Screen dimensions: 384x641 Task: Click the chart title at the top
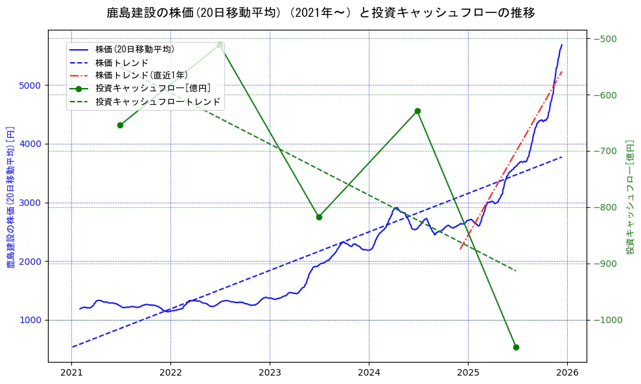(x=321, y=13)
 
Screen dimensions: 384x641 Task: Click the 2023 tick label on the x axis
(x=270, y=373)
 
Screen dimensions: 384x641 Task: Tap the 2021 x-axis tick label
(x=71, y=373)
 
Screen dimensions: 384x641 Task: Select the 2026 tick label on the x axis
(x=567, y=373)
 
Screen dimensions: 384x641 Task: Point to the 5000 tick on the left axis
(x=31, y=85)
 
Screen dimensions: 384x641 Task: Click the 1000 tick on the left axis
(x=31, y=321)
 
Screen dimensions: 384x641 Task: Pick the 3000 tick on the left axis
(x=31, y=203)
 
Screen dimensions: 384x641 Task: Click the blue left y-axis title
(x=10, y=196)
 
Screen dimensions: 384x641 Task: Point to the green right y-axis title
(x=629, y=196)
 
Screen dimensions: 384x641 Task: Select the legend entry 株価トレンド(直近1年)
(x=141, y=75)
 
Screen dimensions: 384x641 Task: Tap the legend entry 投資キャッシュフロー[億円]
(x=152, y=88)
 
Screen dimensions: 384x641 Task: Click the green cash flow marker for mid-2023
(x=319, y=217)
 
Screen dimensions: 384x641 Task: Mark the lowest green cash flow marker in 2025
(x=516, y=347)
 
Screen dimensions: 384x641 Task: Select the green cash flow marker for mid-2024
(x=417, y=111)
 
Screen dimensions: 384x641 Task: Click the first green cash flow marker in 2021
(x=120, y=125)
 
